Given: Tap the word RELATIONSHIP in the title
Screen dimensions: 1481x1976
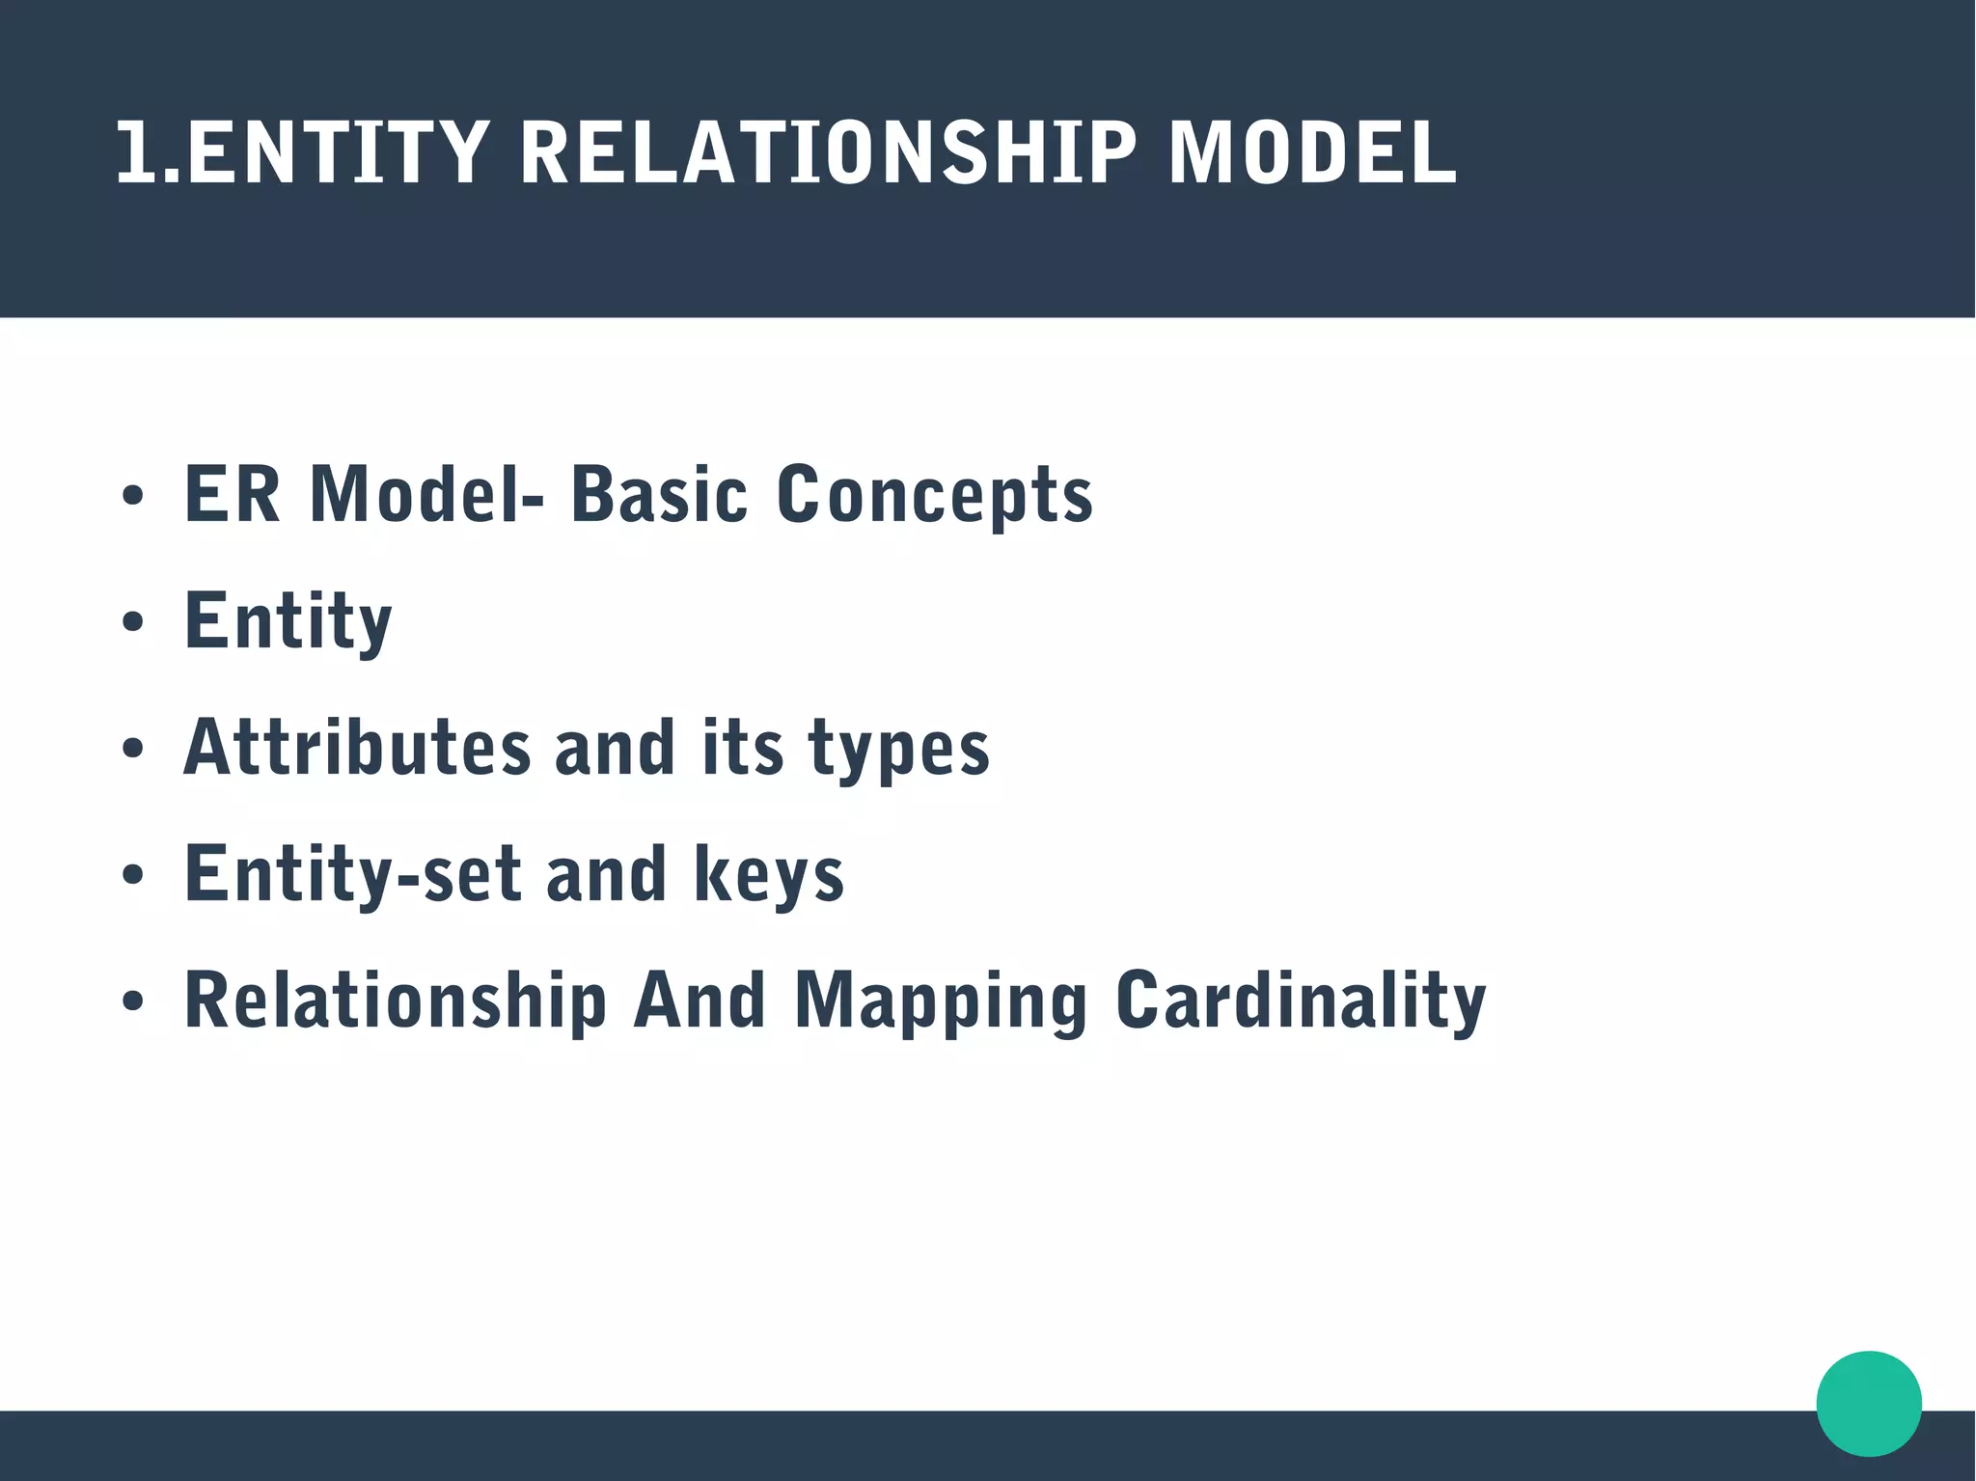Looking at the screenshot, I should (x=828, y=152).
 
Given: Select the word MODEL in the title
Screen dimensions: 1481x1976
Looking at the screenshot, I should (x=1312, y=152).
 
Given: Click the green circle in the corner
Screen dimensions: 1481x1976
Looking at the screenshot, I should (x=1868, y=1403).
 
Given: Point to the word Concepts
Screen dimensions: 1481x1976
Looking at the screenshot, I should (x=934, y=495).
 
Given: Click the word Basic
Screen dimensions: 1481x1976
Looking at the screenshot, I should (x=659, y=495).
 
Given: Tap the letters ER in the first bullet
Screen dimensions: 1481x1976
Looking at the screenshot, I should (x=232, y=495).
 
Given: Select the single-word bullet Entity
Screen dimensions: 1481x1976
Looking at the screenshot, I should (x=288, y=622).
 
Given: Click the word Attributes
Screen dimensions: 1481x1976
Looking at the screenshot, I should (x=357, y=748).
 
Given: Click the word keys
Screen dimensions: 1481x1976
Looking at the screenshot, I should (x=769, y=876).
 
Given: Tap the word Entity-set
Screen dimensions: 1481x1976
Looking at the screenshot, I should (x=352, y=876).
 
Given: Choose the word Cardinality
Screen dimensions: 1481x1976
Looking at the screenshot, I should (x=1300, y=1001).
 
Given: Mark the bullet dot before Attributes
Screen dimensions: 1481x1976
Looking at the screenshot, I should (x=133, y=749).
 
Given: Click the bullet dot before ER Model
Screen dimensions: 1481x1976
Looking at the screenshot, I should (x=133, y=496).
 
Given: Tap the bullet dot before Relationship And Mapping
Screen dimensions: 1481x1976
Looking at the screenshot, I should (x=133, y=1001).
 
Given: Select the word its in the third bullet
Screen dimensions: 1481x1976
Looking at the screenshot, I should (x=742, y=748).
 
